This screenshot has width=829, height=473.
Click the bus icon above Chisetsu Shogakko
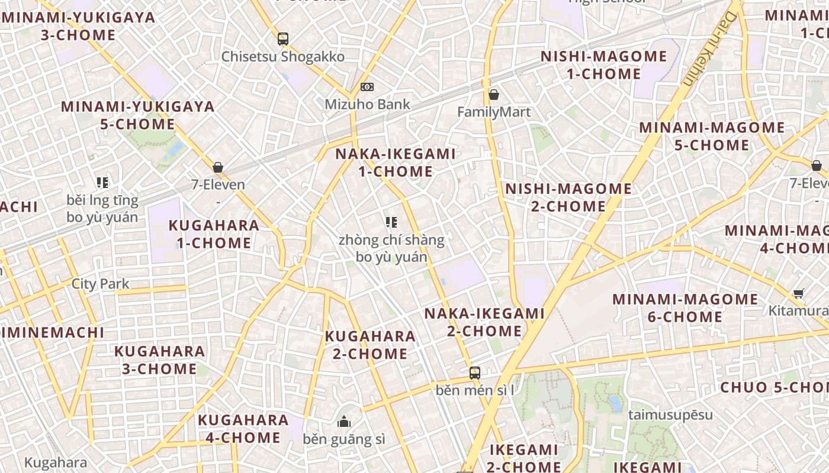[283, 39]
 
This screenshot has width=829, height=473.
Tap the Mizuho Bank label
[367, 105]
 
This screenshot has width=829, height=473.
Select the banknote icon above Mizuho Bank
[367, 87]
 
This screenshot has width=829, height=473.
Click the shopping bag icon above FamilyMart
[493, 94]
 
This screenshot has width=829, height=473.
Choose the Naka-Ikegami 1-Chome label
[396, 163]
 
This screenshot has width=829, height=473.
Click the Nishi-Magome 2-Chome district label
[568, 197]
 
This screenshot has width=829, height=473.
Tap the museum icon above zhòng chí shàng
[391, 222]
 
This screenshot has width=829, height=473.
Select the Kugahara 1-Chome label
[214, 234]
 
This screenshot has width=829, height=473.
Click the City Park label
[100, 284]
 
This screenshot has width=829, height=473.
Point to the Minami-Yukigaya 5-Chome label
[137, 115]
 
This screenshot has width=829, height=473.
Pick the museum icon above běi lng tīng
[102, 183]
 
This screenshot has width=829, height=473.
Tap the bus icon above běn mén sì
[475, 372]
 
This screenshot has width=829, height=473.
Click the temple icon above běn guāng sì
[344, 422]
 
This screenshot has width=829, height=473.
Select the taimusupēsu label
[670, 414]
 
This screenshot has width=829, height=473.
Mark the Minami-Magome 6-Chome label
[685, 307]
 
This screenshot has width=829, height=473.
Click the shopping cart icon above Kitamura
[799, 293]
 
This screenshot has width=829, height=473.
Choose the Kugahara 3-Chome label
[159, 359]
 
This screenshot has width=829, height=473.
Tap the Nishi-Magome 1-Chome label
[603, 65]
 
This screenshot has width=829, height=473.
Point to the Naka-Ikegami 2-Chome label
[484, 322]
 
